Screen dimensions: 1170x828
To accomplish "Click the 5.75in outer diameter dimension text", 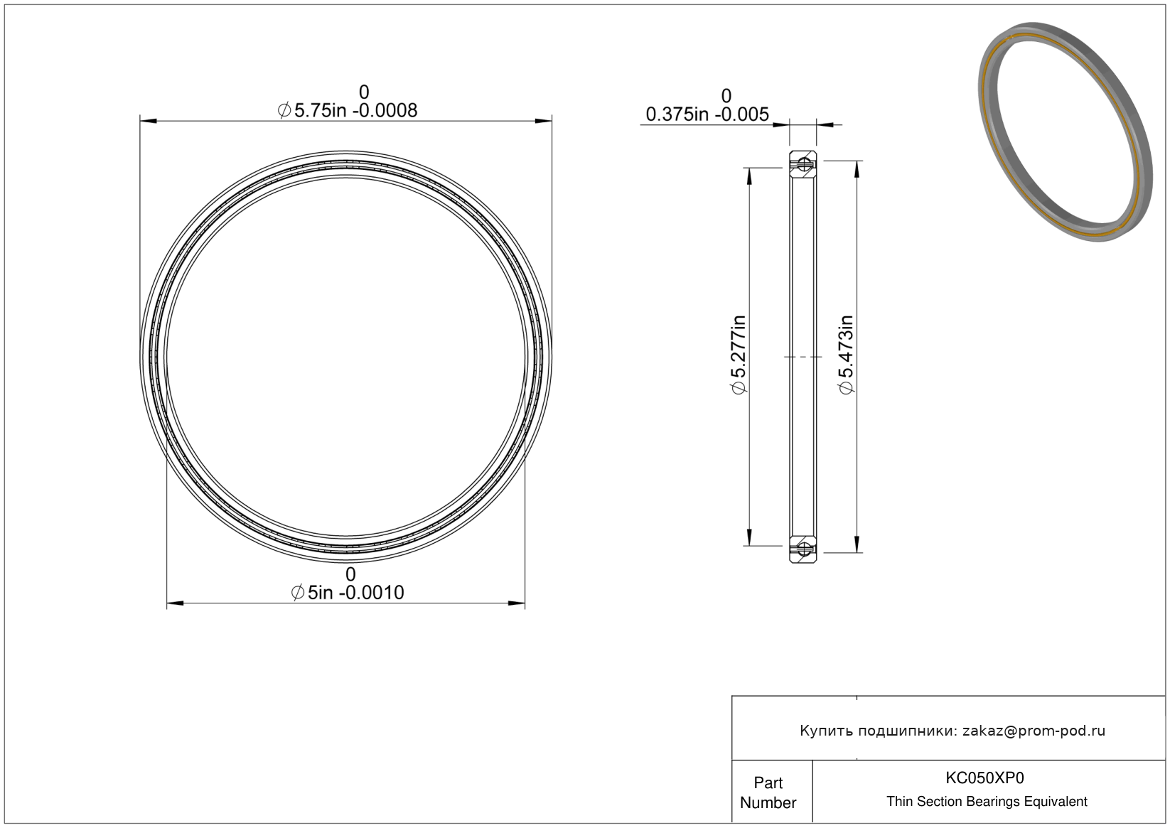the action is [x=348, y=111].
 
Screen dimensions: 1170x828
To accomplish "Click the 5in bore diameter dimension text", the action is [x=348, y=593].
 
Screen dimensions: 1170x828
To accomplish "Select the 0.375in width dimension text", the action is [x=707, y=114].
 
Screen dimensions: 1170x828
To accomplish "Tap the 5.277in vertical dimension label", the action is [x=739, y=355].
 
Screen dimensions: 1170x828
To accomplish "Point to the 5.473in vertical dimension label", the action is [x=846, y=355].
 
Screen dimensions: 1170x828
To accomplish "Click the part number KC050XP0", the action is [x=984, y=778].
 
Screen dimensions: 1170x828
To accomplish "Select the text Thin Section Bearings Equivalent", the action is [x=987, y=802].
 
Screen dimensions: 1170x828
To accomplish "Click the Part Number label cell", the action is [x=768, y=792].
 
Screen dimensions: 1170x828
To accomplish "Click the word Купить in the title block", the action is [x=824, y=731].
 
